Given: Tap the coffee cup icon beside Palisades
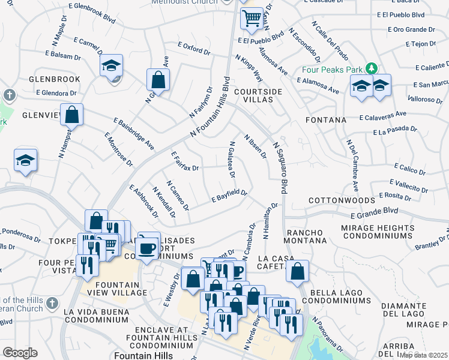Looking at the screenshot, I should tap(149, 246).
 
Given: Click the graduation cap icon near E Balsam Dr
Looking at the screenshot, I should tap(111, 65).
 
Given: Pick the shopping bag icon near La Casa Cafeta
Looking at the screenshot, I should tap(297, 271).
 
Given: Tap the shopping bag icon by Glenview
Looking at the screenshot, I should tap(71, 113).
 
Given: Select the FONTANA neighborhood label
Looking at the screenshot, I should tap(326, 120).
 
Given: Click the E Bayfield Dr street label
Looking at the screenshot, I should tap(229, 196).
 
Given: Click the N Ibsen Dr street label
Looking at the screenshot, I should tap(255, 146).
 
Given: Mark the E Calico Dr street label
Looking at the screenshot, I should tap(409, 168).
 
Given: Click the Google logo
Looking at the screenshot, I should tap(20, 353).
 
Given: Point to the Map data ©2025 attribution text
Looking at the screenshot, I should tap(424, 355).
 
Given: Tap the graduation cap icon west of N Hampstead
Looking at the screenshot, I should tap(26, 160).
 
